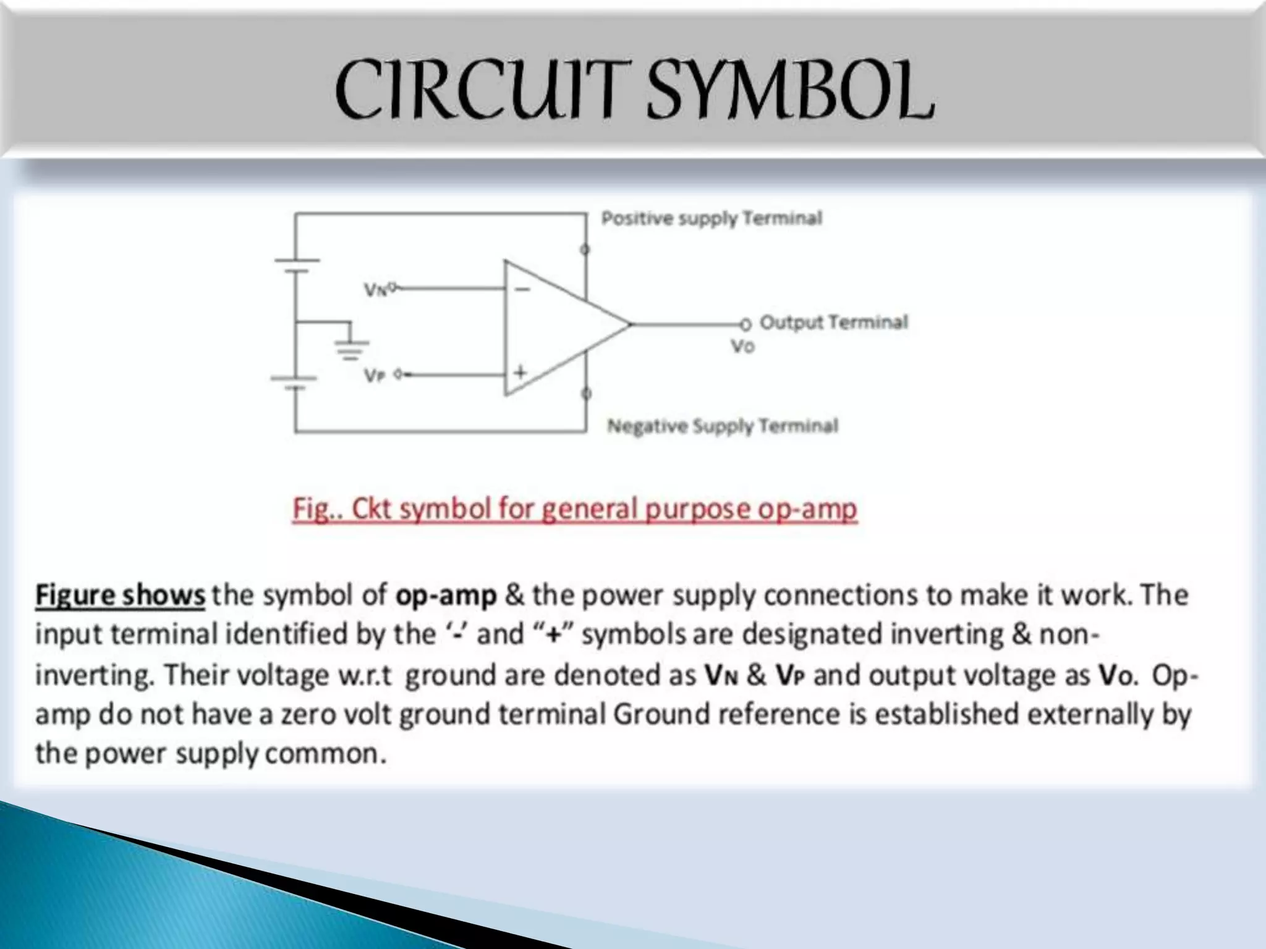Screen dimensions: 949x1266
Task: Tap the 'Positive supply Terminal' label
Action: pyautogui.click(x=712, y=218)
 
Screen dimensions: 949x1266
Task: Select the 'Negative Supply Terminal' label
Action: pyautogui.click(x=723, y=426)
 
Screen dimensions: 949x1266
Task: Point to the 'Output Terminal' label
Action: pyautogui.click(x=833, y=322)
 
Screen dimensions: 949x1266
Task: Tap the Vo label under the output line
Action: pyautogui.click(x=742, y=346)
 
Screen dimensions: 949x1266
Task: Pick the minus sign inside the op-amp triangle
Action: pyautogui.click(x=522, y=289)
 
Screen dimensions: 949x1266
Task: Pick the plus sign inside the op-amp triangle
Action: pyautogui.click(x=520, y=372)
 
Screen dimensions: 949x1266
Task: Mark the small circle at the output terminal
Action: pyautogui.click(x=746, y=324)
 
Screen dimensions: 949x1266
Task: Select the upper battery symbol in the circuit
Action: pyautogui.click(x=297, y=265)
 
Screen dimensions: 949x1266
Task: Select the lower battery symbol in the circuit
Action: pyautogui.click(x=295, y=382)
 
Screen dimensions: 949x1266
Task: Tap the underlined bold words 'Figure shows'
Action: pyautogui.click(x=120, y=595)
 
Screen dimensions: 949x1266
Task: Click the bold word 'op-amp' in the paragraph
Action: pyautogui.click(x=446, y=595)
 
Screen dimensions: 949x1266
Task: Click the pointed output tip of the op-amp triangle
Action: pyautogui.click(x=629, y=324)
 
